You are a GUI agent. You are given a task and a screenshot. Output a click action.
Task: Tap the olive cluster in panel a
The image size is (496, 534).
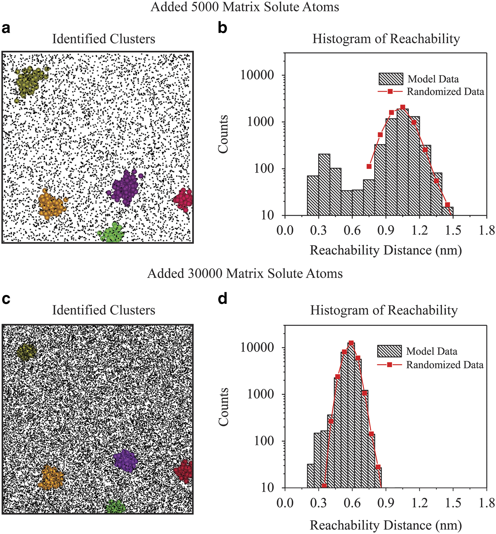click(30, 81)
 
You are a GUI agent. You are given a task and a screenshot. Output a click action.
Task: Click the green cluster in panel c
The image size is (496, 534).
click(115, 507)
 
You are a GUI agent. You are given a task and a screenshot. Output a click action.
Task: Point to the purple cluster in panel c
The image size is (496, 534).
click(125, 461)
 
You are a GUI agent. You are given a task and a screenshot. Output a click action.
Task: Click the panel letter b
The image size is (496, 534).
click(222, 28)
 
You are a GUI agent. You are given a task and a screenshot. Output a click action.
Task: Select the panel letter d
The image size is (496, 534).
click(222, 299)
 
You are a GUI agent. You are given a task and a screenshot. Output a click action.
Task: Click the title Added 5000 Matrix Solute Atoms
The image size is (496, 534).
click(245, 7)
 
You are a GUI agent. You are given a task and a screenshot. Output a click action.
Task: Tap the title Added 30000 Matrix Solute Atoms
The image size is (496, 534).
click(245, 273)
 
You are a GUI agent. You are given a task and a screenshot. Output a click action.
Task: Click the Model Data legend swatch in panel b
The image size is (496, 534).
click(391, 79)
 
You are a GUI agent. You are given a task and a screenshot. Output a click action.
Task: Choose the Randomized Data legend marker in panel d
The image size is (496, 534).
click(389, 365)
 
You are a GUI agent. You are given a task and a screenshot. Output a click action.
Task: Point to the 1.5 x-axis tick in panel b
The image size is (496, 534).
click(453, 230)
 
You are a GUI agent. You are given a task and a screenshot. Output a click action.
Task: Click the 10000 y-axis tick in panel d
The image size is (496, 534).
click(257, 347)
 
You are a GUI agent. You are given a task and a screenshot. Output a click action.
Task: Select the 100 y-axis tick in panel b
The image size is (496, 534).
click(264, 169)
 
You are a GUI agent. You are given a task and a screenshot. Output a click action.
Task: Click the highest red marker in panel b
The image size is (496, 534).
click(402, 107)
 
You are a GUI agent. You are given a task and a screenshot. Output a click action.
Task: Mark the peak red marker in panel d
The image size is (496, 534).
click(351, 343)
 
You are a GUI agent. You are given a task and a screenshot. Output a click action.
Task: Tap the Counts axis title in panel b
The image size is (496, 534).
click(223, 134)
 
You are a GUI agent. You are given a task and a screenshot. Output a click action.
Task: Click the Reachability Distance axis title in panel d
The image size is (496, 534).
click(385, 525)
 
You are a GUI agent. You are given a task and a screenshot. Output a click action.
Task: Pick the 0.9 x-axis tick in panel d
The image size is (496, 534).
click(385, 503)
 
